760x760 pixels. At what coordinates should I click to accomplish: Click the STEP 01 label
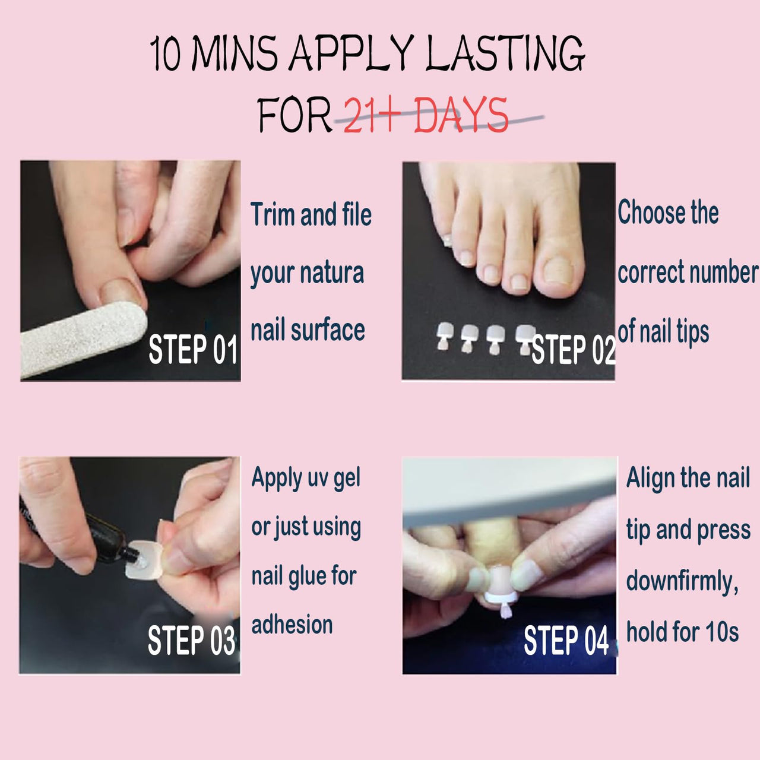tap(193, 350)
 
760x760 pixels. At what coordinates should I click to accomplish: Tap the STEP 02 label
tap(574, 350)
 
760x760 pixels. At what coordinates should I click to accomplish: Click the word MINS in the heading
tap(236, 53)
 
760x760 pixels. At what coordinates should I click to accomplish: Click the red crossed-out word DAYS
tap(461, 115)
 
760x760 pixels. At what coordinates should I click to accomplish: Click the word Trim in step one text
tap(272, 214)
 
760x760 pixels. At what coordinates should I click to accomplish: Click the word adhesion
tap(292, 625)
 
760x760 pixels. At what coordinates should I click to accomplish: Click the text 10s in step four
tap(722, 632)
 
